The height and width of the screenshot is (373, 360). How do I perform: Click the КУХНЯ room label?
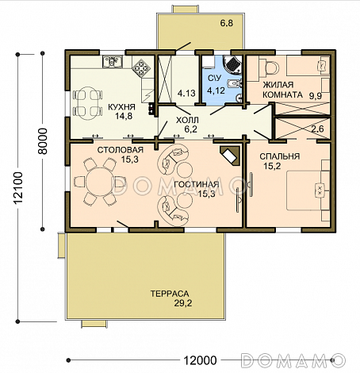[121, 107]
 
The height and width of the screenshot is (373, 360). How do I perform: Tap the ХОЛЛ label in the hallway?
[187, 120]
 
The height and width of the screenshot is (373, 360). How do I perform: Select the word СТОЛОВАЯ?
[121, 150]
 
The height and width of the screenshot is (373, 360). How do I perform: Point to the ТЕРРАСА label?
[170, 294]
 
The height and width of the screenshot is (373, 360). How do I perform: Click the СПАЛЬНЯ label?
[280, 156]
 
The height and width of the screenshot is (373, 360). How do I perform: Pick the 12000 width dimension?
[200, 360]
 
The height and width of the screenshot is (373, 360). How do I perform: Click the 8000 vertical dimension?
[43, 141]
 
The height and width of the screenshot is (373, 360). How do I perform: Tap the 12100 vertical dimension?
[18, 188]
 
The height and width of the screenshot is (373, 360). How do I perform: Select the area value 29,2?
[183, 303]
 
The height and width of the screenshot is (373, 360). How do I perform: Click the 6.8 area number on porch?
[227, 23]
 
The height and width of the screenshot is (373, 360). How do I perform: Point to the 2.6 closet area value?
[317, 129]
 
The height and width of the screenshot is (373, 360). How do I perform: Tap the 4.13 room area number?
[186, 93]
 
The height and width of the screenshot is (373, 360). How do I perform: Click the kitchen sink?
[113, 62]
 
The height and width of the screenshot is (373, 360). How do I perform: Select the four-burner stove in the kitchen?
[141, 67]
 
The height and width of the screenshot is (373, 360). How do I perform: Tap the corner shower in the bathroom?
[232, 64]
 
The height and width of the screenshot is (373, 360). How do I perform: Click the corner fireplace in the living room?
[230, 156]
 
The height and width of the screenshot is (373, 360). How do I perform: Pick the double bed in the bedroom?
[308, 190]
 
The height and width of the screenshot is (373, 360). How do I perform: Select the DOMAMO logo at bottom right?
[293, 360]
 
